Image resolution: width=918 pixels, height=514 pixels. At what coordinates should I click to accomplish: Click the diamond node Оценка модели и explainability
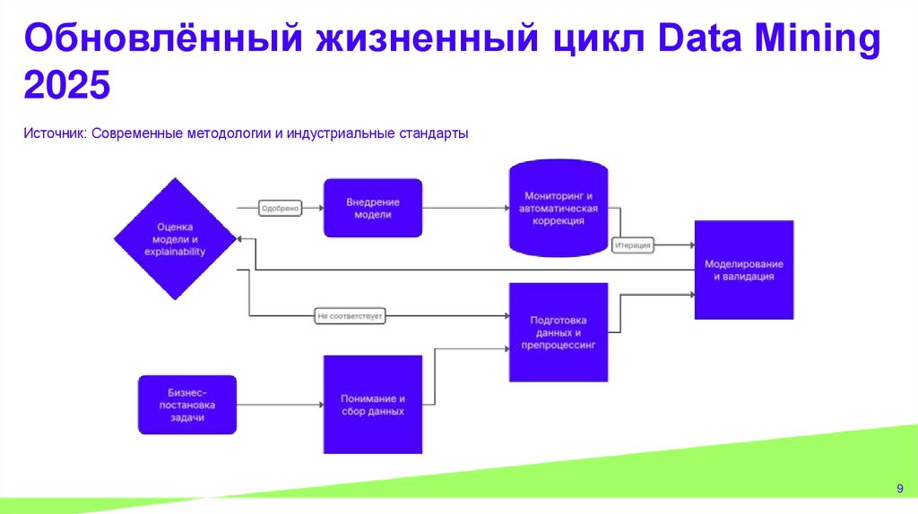pos(175,239)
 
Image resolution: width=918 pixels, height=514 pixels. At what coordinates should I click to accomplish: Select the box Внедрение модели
pos(372,208)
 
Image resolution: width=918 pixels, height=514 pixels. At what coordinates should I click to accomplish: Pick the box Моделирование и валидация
pos(743,270)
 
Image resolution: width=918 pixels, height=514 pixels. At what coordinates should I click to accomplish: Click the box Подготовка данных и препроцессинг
pos(558,332)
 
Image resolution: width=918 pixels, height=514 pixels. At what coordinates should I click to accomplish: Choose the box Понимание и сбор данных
pos(372,405)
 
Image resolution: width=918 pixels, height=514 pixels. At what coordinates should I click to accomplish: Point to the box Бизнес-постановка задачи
pos(187,405)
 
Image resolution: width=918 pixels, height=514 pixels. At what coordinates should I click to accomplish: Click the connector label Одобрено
pos(280,208)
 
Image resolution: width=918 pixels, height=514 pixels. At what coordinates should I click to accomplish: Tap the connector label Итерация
pos(633,244)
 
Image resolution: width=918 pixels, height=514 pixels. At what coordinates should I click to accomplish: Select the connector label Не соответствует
pos(350,316)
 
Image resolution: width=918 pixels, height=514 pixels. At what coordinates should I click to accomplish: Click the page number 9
pos(899,487)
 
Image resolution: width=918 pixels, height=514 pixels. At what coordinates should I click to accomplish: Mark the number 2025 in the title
pos(66,88)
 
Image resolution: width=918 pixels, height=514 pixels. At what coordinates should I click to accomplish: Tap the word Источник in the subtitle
pos(53,133)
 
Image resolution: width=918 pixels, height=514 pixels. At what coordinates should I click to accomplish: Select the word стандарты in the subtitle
pos(436,133)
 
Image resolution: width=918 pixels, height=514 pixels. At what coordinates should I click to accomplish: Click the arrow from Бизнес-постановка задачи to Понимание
pos(280,405)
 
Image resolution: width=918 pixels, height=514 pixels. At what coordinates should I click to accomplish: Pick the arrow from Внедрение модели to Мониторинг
pos(464,208)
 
